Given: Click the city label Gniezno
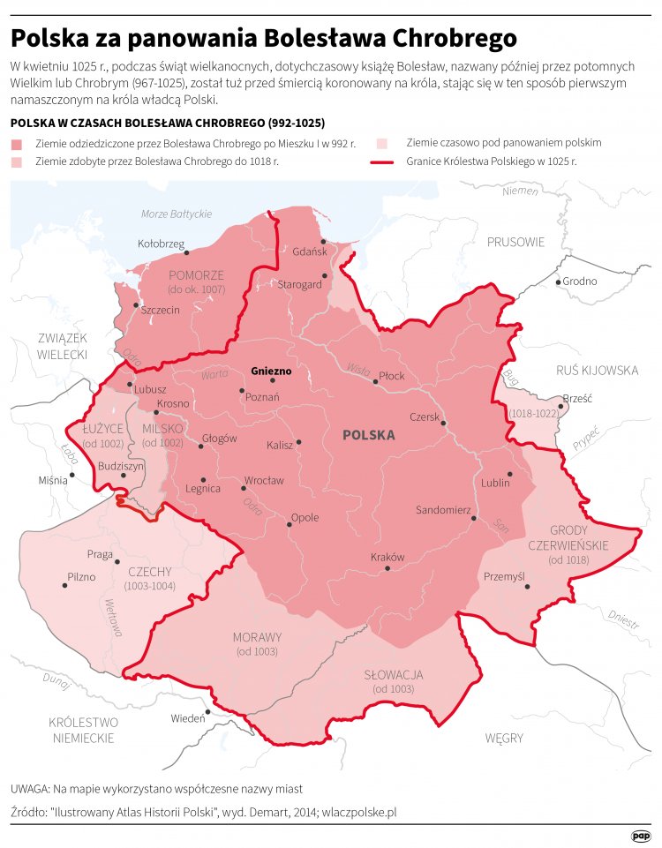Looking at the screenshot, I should [270, 371].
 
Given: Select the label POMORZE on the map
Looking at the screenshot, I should [196, 275].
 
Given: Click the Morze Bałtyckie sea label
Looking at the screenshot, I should [177, 214].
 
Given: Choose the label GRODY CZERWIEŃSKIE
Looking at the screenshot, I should [578, 537].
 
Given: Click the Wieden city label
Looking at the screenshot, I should [187, 718].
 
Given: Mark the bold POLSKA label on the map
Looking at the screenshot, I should [368, 435].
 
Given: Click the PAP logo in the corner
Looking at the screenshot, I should [642, 835].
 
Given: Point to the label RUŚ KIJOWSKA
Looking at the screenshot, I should [597, 371].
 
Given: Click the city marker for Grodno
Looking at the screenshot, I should [558, 281].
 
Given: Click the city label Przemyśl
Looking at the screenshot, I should [504, 576].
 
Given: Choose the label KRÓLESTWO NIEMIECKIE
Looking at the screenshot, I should [84, 729].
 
